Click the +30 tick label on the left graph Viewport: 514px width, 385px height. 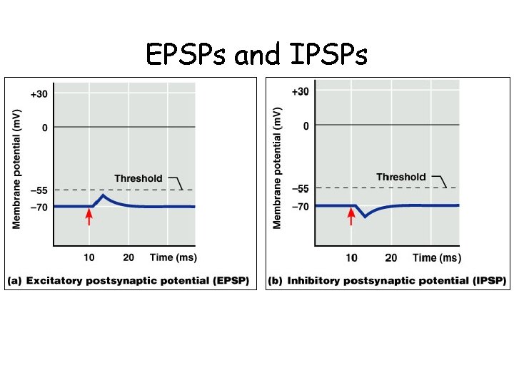pyautogui.click(x=39, y=93)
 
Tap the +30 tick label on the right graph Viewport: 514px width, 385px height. pyautogui.click(x=301, y=91)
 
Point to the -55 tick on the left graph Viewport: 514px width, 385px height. pyautogui.click(x=39, y=191)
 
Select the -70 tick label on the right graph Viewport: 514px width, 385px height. pyautogui.click(x=301, y=207)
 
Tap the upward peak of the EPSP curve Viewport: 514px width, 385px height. pyautogui.click(x=104, y=195)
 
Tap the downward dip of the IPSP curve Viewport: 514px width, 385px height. pyautogui.click(x=365, y=216)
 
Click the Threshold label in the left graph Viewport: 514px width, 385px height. pyautogui.click(x=138, y=178)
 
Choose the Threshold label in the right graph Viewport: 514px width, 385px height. pyautogui.click(x=400, y=177)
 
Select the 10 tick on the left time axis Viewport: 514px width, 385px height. pyautogui.click(x=89, y=257)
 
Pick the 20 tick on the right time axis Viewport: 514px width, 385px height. pyautogui.click(x=391, y=257)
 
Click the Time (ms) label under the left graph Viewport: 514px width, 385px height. pyautogui.click(x=173, y=257)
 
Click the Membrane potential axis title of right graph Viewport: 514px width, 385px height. pyautogui.click(x=278, y=168)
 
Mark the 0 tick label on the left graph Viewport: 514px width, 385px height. pyautogui.click(x=44, y=128)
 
